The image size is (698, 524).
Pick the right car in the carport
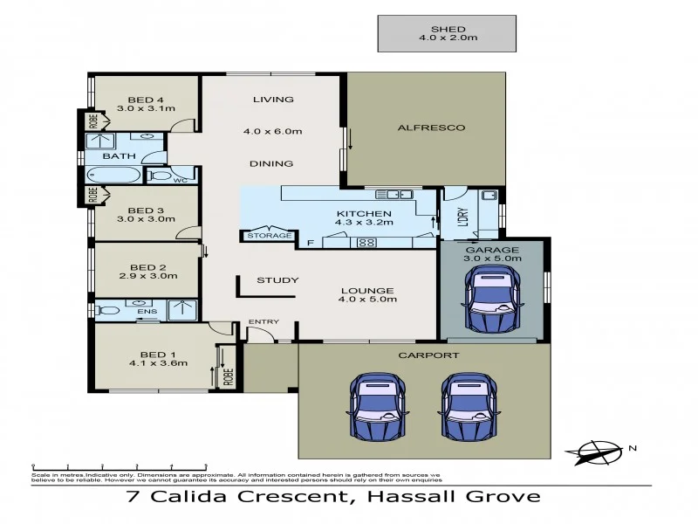pos(471,408)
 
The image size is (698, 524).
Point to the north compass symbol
pos(599,451)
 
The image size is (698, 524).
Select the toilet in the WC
pos(161,176)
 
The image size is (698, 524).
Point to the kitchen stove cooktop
pos(366,242)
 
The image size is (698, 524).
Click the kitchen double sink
pos(400,194)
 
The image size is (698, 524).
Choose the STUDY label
pos(277,280)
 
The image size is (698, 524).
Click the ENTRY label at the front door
pos(263,322)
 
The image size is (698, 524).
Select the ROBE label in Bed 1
pos(229,377)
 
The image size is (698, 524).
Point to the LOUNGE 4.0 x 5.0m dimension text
pos(366,300)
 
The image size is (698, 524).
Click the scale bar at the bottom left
pos(119,465)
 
